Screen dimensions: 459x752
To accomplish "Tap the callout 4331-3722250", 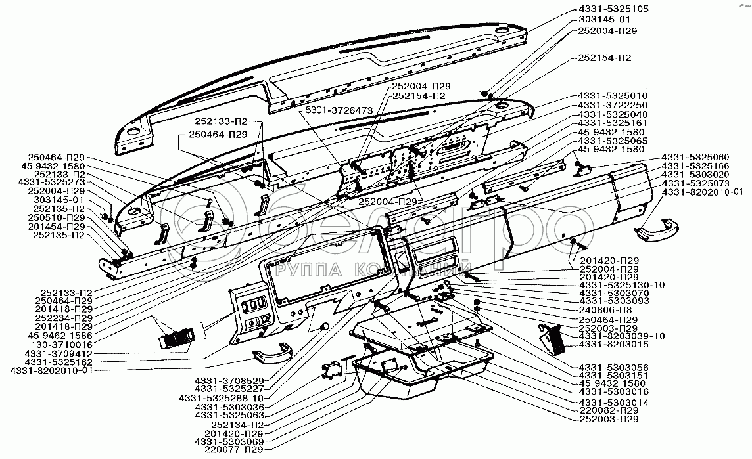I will click(x=613, y=105).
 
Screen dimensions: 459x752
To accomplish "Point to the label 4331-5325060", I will click(x=694, y=158).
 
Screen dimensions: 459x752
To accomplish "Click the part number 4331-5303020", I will click(x=694, y=175).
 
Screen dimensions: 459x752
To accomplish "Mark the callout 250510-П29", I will click(x=59, y=217).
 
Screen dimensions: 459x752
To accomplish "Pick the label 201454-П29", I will click(x=59, y=226).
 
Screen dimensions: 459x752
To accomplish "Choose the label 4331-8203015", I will click(x=613, y=344).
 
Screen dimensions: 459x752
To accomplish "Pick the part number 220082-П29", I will click(x=608, y=410).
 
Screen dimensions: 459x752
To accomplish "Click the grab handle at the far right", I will click(x=653, y=229).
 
